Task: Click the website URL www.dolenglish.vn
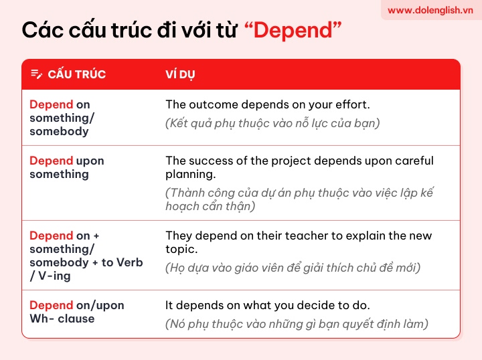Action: (430, 11)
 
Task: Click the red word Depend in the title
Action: (293, 30)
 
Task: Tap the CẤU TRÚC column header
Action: (76, 74)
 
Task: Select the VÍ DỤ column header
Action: (180, 74)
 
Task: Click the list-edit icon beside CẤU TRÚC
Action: (36, 74)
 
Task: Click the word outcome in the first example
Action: (214, 105)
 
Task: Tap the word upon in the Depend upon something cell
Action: (90, 161)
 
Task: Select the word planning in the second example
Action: (191, 175)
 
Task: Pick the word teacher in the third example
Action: (307, 236)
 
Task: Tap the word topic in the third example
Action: (181, 250)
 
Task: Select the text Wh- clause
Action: (62, 319)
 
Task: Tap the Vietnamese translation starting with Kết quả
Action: (272, 124)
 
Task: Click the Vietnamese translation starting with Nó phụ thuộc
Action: (297, 324)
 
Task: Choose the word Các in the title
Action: (43, 30)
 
